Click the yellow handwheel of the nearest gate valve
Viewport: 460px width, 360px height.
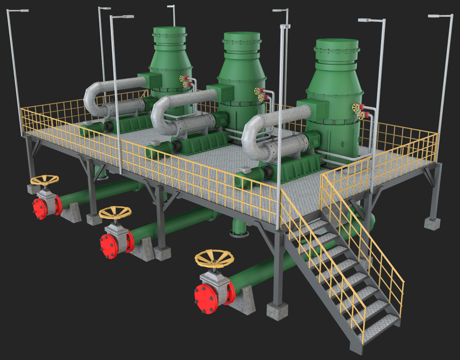click(x=214, y=257)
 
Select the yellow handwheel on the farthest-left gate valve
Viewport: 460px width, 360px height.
click(x=45, y=180)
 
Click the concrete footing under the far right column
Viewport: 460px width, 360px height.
click(x=432, y=223)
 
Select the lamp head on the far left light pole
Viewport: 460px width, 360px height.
click(x=18, y=11)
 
